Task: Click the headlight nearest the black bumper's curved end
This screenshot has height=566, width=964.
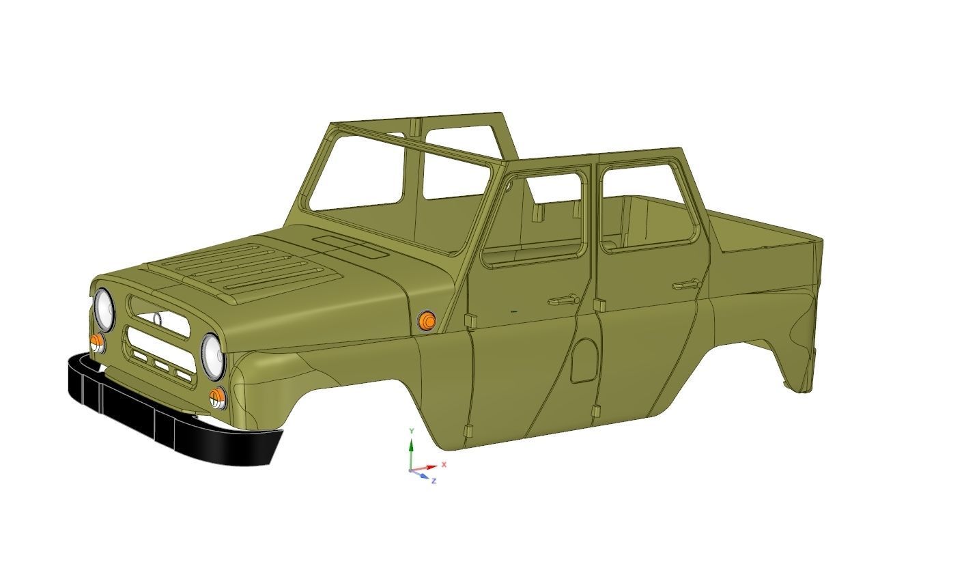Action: (x=213, y=356)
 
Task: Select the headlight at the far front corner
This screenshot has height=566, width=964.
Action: (x=104, y=309)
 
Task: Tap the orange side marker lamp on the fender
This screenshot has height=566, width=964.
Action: (x=427, y=321)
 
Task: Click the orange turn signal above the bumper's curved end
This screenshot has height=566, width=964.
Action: (x=218, y=397)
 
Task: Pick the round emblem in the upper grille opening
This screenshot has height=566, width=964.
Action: (x=157, y=319)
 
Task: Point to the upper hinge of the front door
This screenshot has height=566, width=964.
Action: (x=470, y=320)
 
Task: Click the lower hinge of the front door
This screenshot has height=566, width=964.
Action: (x=469, y=431)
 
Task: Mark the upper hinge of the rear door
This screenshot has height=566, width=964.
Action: (x=599, y=305)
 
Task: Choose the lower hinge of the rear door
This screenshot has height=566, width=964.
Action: (x=596, y=412)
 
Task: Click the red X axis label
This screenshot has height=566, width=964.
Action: (x=444, y=464)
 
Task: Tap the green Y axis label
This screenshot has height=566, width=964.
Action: (x=411, y=431)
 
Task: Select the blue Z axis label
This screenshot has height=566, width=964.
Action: (x=434, y=481)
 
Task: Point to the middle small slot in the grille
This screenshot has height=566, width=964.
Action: (x=162, y=366)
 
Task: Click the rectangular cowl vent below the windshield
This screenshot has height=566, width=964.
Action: (x=349, y=246)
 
